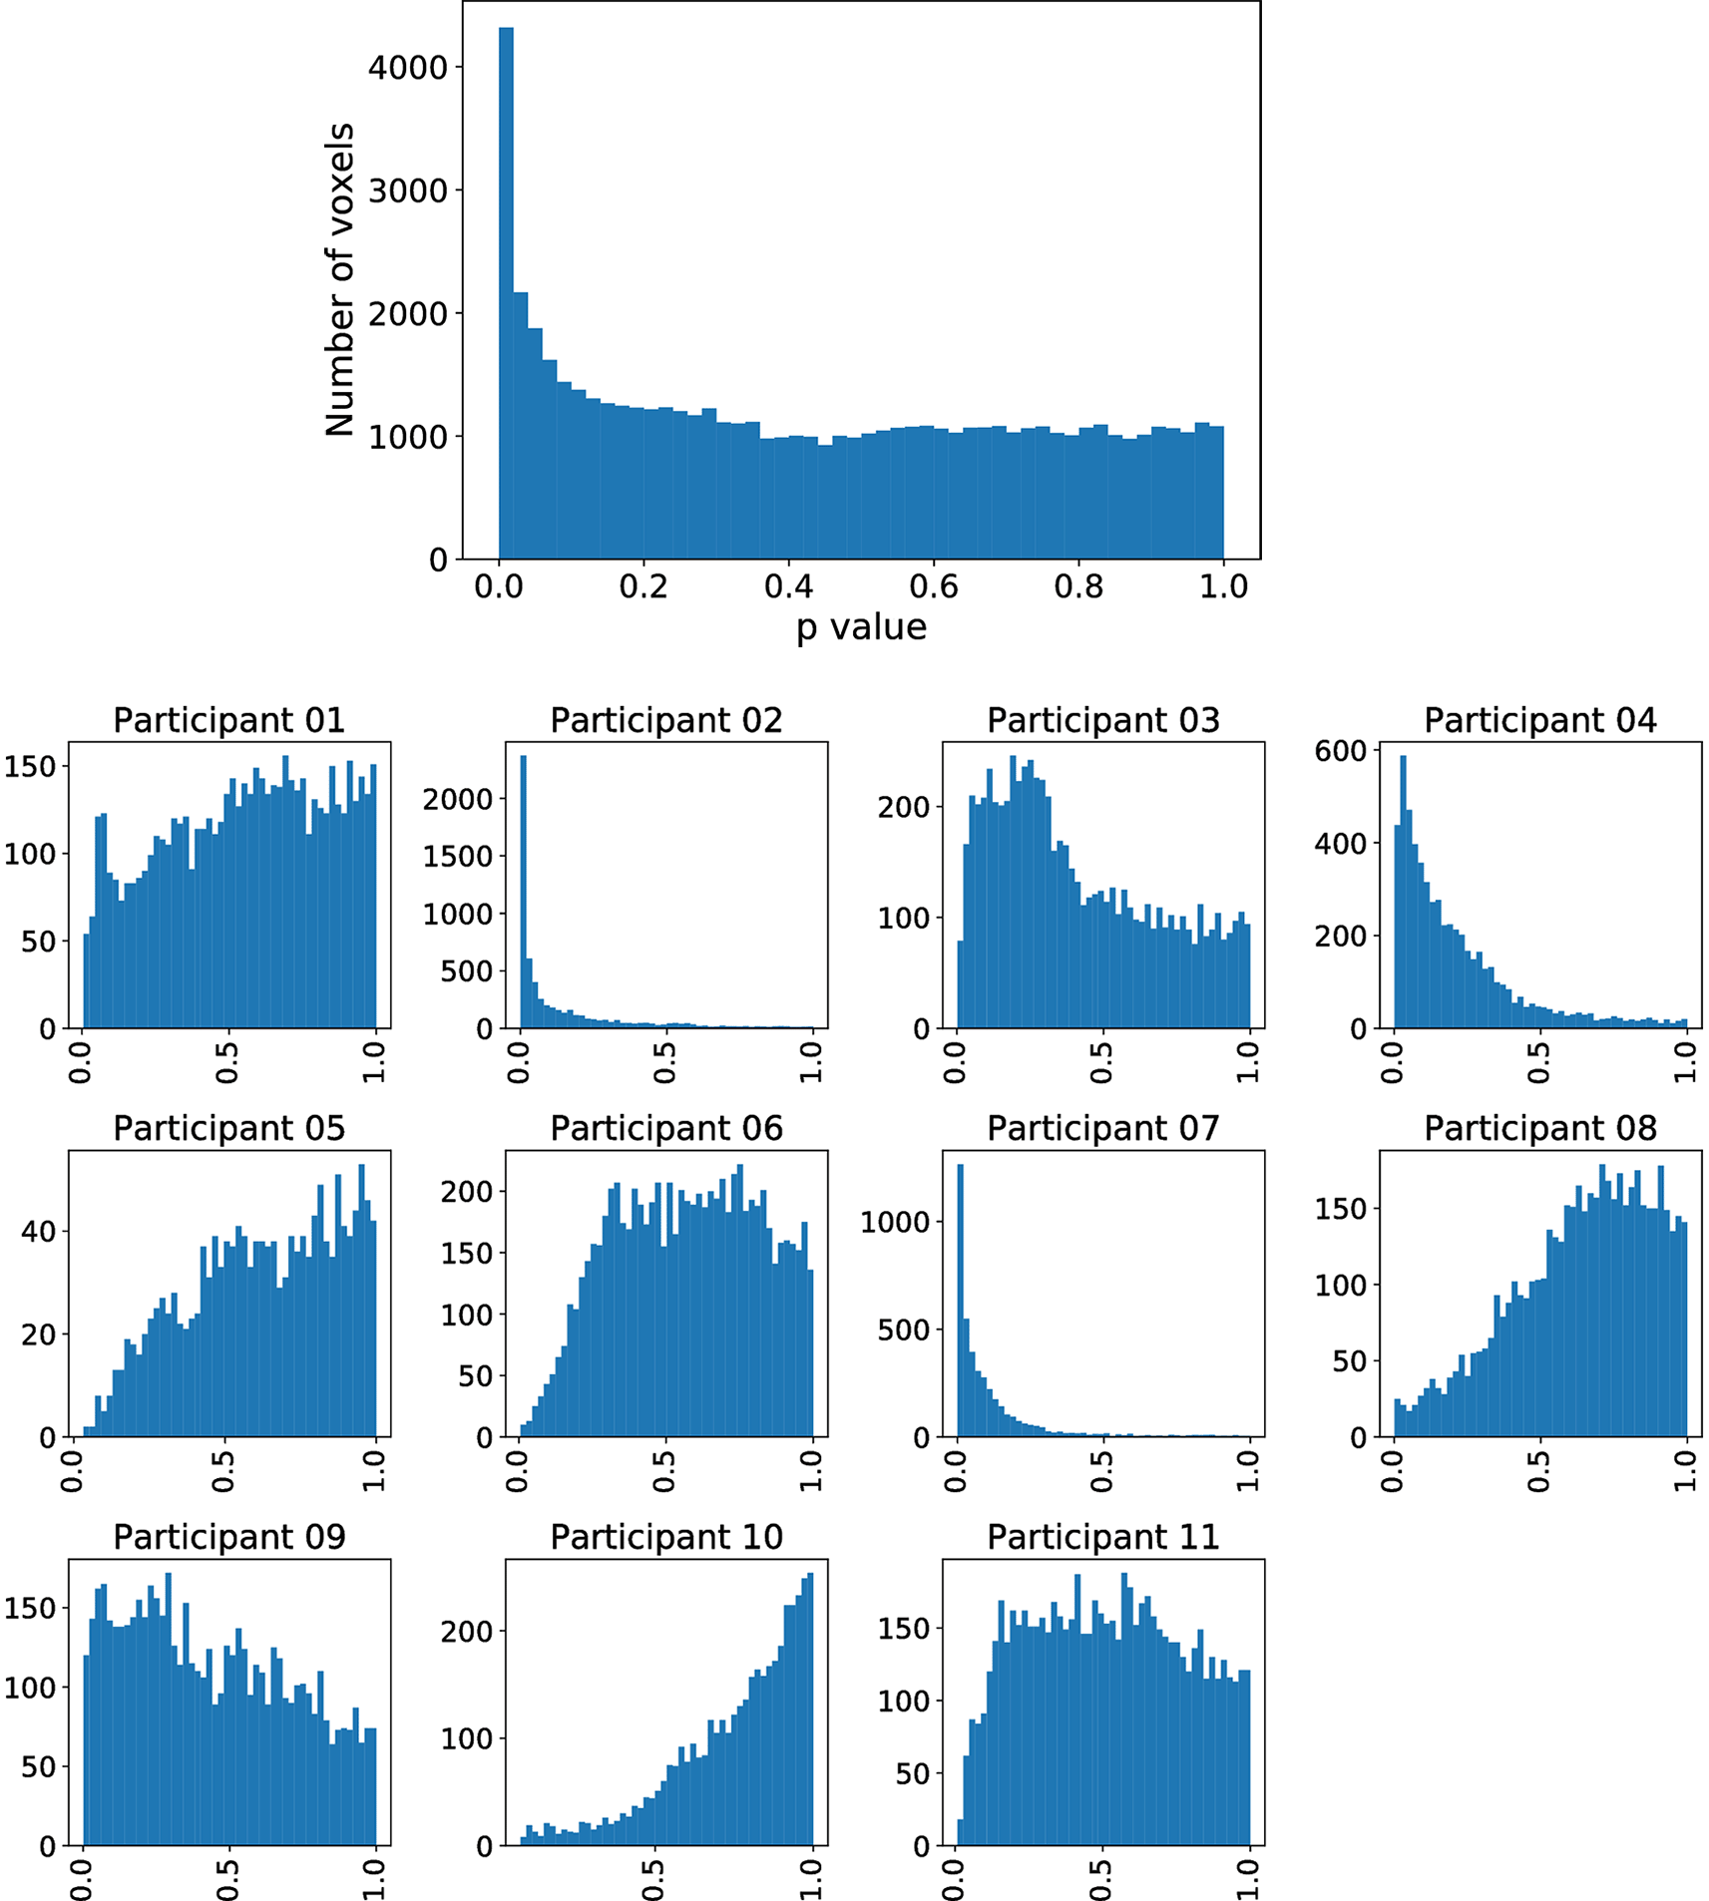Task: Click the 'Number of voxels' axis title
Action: pyautogui.click(x=340, y=280)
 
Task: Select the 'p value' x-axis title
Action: pyautogui.click(x=861, y=627)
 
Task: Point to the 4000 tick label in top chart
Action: pyautogui.click(x=408, y=68)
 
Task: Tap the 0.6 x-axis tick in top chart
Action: pyautogui.click(x=933, y=586)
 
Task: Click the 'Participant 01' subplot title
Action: pyautogui.click(x=228, y=720)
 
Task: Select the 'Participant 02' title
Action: pyautogui.click(x=666, y=720)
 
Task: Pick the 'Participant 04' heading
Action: pyautogui.click(x=1539, y=720)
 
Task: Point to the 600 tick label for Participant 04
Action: pyautogui.click(x=1340, y=751)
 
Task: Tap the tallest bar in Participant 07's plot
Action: pyautogui.click(x=961, y=1297)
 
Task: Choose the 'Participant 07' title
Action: pyautogui.click(x=1102, y=1128)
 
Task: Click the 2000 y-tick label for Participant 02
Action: pyautogui.click(x=457, y=799)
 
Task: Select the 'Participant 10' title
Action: pyautogui.click(x=666, y=1537)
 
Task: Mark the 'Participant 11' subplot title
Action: pyautogui.click(x=1102, y=1537)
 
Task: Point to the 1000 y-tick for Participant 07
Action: pyautogui.click(x=894, y=1222)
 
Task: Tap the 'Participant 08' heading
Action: pyautogui.click(x=1539, y=1128)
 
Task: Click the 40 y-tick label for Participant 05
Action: pyautogui.click(x=39, y=1231)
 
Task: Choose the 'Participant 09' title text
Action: pyautogui.click(x=228, y=1537)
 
